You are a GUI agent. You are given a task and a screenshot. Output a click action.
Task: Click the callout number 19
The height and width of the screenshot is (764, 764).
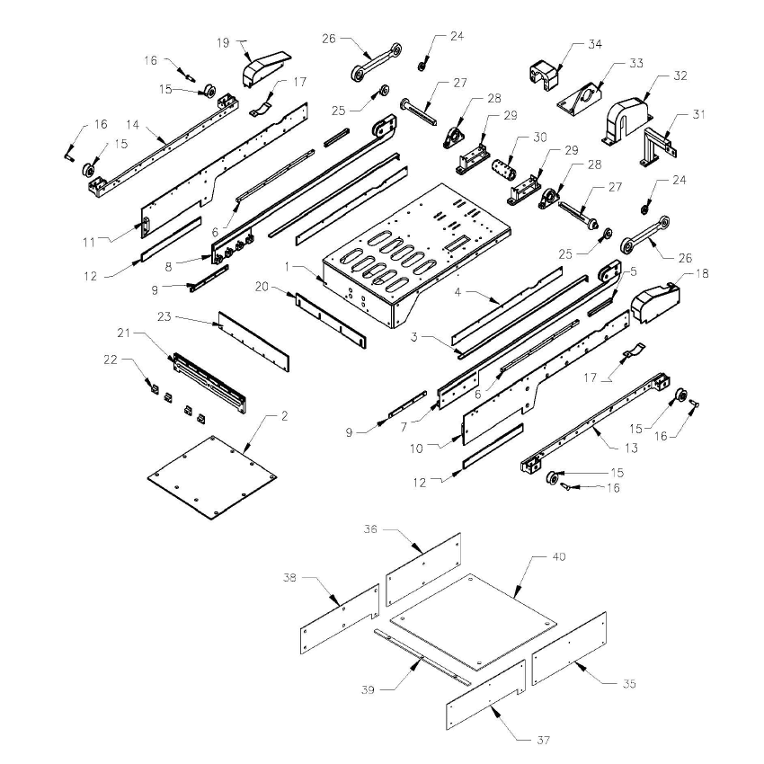pos(224,41)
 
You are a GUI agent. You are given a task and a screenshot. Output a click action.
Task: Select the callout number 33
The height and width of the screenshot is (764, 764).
pos(636,64)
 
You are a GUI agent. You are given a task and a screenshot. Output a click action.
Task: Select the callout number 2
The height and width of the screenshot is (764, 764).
pos(284,416)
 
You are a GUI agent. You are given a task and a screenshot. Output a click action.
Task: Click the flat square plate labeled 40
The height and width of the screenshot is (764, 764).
pos(472,623)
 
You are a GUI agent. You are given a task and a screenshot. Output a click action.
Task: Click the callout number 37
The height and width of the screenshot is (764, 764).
pos(542,741)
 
